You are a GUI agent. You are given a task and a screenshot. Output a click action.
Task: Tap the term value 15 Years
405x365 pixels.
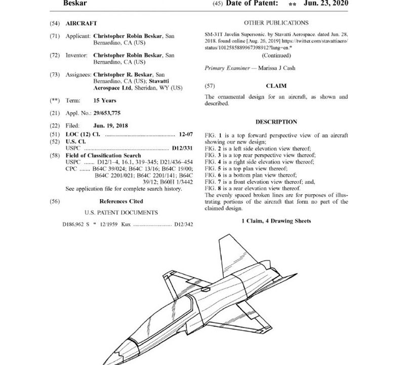click(106, 100)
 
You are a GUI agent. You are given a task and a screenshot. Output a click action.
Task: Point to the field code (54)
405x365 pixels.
click(55, 23)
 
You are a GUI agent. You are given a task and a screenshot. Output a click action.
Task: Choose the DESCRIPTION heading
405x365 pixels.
click(276, 122)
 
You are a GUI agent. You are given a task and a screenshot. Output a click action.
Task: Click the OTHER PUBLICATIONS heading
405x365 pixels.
click(276, 23)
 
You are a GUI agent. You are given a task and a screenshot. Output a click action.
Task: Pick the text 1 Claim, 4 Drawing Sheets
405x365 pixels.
click(276, 221)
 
